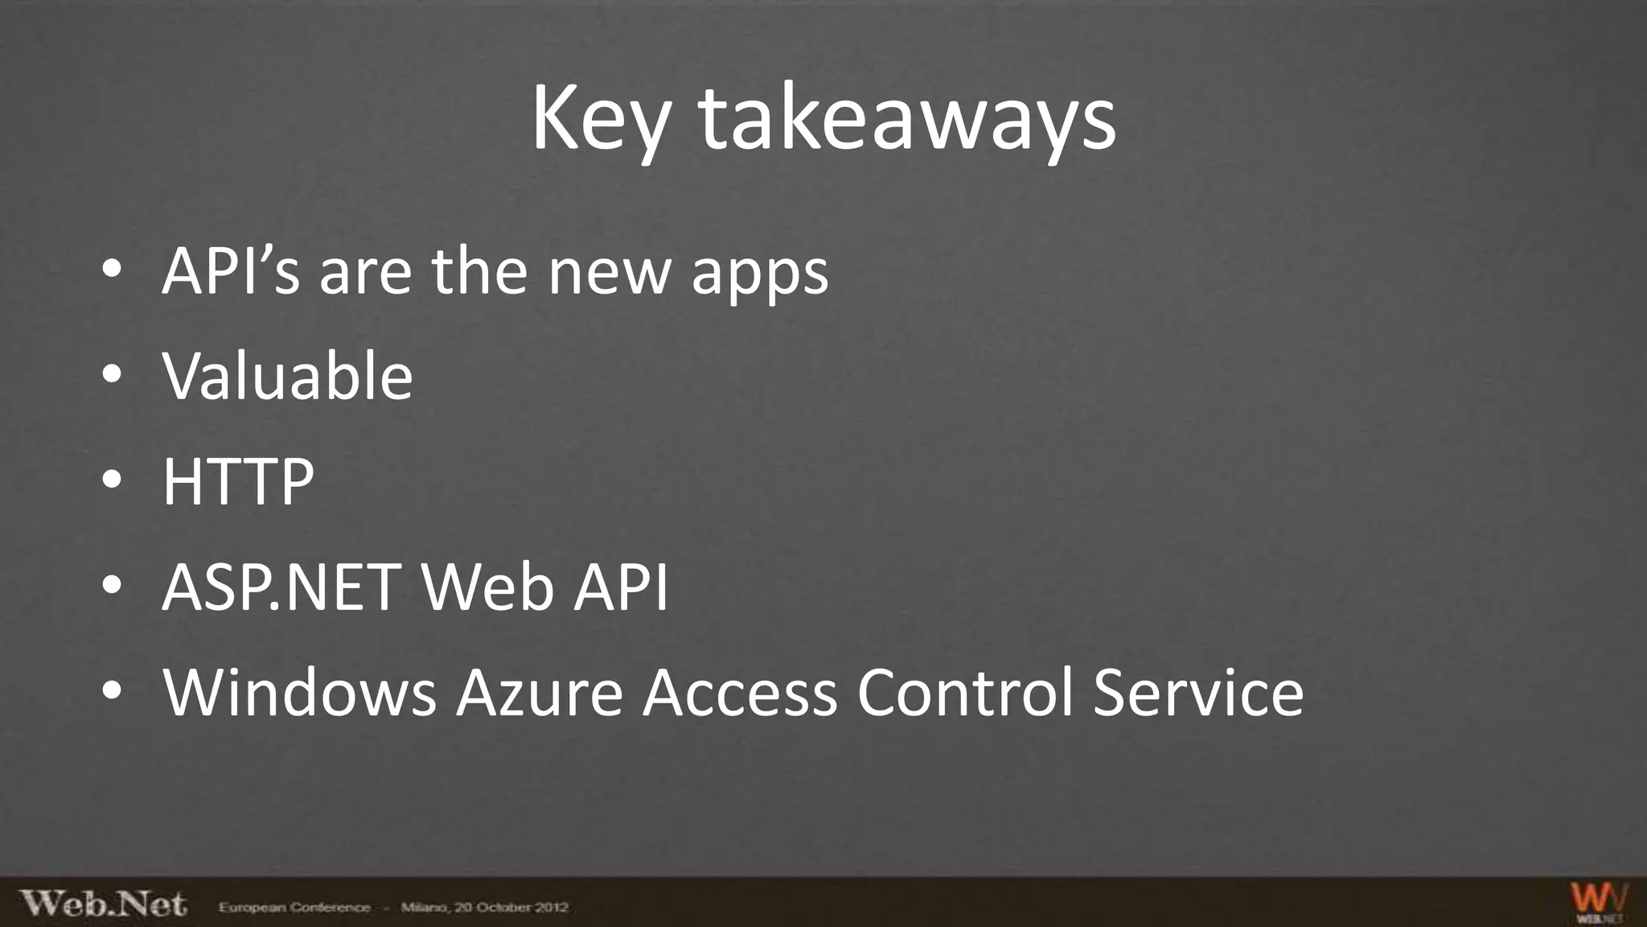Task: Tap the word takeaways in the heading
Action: click(x=907, y=119)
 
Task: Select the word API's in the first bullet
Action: click(x=231, y=271)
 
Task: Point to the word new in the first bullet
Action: click(x=609, y=273)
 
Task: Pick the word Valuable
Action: click(x=287, y=376)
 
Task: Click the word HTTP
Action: click(x=238, y=481)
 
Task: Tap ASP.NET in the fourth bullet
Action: click(x=281, y=587)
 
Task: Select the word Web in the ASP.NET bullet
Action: click(x=487, y=587)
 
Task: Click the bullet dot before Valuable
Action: click(x=112, y=374)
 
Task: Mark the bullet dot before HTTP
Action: click(x=112, y=480)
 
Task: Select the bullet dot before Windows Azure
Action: click(x=112, y=690)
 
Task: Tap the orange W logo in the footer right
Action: click(x=1599, y=901)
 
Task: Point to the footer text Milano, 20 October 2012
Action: click(x=484, y=908)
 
